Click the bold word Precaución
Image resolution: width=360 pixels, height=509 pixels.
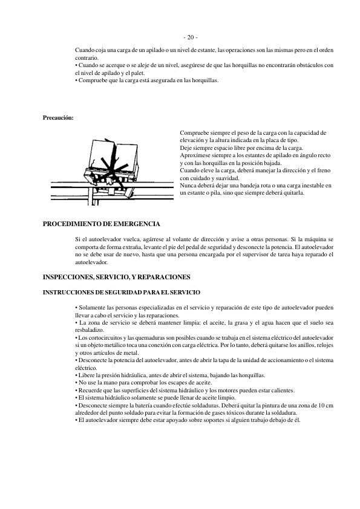tap(58, 117)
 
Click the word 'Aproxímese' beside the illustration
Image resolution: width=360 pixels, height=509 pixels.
tap(195, 155)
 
